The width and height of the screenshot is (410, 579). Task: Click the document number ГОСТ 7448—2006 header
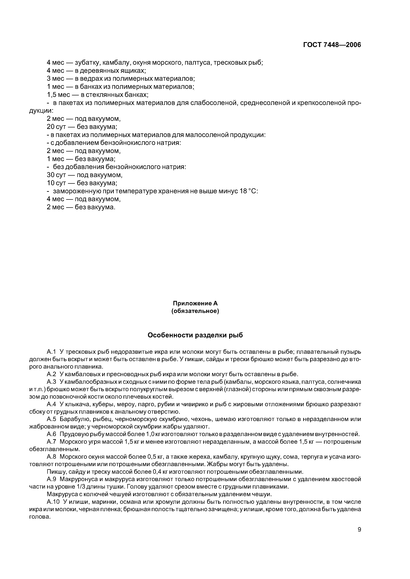(332, 45)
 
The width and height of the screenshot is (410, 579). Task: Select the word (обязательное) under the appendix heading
(195, 311)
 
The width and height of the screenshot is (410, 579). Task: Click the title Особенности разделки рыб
(195, 335)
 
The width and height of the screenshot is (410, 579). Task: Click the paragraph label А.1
(51, 352)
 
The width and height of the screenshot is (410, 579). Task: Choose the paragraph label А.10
(53, 502)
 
